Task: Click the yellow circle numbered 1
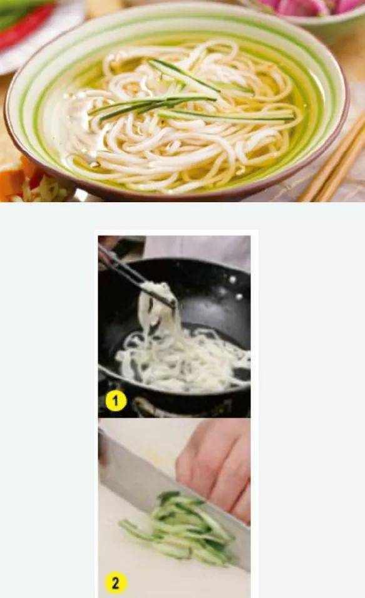coord(116,401)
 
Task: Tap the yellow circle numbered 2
coord(115,583)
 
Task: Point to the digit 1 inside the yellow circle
coord(116,401)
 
